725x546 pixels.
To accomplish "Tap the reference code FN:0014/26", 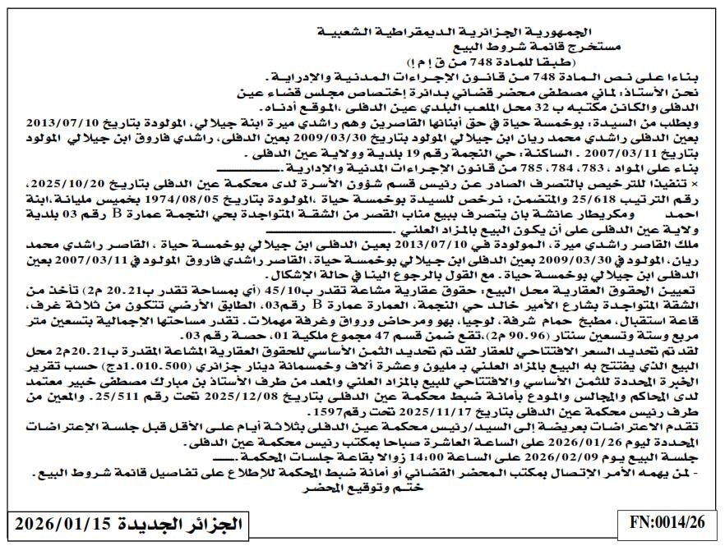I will click(667, 522).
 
